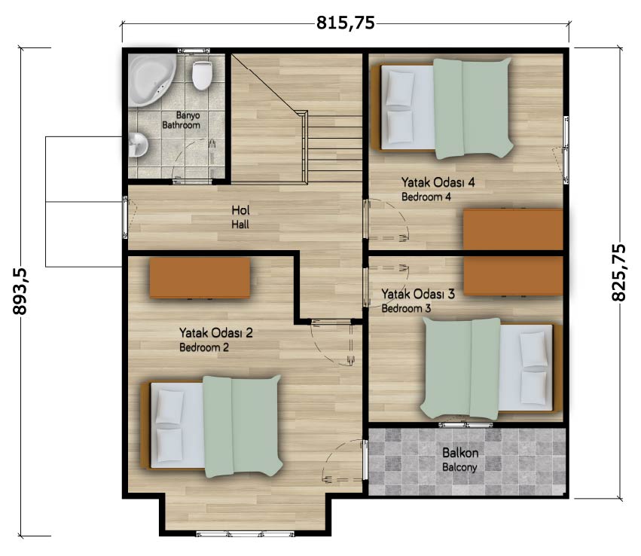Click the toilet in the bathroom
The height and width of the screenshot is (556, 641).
203,75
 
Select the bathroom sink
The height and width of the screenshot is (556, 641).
138,145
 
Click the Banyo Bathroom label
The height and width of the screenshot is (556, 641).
182,121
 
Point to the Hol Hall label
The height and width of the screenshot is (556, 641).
240,217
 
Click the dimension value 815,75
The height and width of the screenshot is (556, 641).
346,23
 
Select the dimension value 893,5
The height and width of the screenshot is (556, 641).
20,292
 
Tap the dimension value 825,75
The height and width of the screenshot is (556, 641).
618,272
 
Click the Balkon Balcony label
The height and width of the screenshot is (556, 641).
460,460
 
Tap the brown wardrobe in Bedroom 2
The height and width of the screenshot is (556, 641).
200,277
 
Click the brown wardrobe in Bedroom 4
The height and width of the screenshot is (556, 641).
513,229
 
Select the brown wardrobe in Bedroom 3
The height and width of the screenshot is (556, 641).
513,275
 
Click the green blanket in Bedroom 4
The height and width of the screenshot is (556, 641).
472,108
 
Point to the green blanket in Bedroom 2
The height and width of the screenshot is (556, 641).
243,426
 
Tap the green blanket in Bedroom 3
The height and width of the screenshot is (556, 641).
461,368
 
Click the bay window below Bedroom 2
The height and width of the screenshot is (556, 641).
245,533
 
